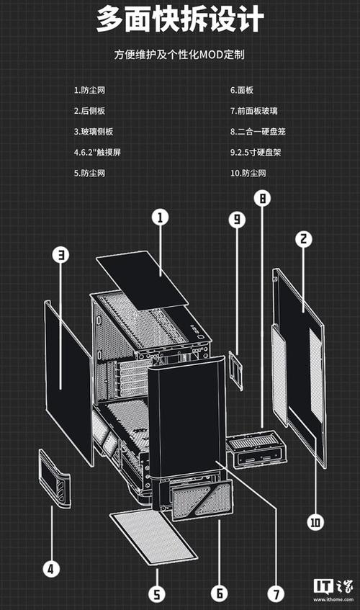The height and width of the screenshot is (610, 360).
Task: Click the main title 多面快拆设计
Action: click(x=179, y=19)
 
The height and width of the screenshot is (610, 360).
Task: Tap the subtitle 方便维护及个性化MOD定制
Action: click(x=179, y=55)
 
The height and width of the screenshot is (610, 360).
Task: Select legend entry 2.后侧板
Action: click(x=89, y=111)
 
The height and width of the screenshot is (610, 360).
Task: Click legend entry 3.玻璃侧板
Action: click(x=93, y=132)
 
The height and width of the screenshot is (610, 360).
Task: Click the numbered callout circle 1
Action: click(x=161, y=216)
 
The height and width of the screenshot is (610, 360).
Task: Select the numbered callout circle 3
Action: click(x=62, y=255)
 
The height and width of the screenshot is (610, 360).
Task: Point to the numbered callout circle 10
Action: click(x=315, y=521)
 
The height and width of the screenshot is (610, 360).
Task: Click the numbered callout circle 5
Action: click(x=158, y=594)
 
